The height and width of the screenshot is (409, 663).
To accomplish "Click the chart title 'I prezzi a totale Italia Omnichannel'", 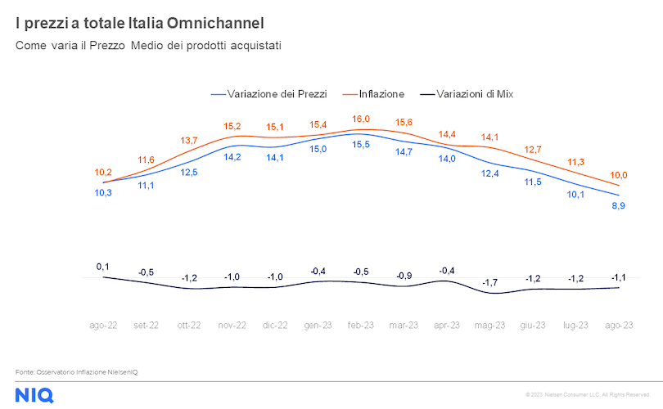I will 139,22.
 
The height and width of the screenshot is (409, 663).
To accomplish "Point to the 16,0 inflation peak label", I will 361,119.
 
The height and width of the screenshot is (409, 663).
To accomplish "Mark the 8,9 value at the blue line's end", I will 619,205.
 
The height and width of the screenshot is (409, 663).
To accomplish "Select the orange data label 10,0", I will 619,174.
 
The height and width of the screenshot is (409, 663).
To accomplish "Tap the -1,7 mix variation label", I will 489,283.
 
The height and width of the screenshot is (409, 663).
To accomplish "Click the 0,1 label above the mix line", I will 102,267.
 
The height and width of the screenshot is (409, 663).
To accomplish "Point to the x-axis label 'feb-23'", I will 361,325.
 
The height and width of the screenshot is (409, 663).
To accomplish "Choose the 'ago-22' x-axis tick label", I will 103,325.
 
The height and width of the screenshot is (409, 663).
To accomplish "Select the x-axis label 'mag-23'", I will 489,325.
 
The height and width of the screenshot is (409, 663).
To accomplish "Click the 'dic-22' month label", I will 275,325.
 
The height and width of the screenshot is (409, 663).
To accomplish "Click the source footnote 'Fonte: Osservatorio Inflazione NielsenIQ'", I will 77,372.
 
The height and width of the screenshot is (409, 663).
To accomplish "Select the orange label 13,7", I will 189,141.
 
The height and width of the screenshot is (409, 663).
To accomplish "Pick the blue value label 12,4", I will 489,173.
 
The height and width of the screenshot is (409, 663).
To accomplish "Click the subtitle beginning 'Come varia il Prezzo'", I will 148,46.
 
